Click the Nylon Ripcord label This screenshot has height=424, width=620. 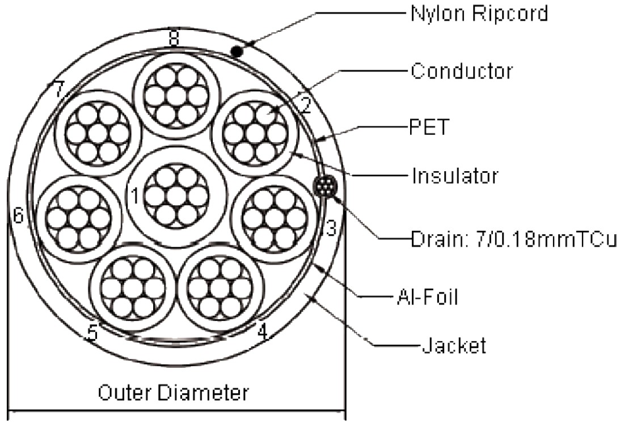click(x=479, y=14)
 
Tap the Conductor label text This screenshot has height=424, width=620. click(x=462, y=71)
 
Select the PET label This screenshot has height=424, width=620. click(x=429, y=127)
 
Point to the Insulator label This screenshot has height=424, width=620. click(x=455, y=176)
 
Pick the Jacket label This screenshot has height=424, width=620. click(x=453, y=345)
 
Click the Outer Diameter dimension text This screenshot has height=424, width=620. click(x=174, y=392)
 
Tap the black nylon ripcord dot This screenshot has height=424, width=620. click(x=238, y=52)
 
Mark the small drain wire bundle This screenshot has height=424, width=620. click(x=324, y=187)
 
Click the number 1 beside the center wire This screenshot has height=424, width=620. click(x=135, y=196)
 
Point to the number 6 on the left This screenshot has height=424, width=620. click(x=19, y=215)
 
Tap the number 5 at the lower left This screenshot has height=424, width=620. click(x=92, y=332)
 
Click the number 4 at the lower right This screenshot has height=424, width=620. click(x=262, y=331)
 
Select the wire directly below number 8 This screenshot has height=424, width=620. click(x=176, y=96)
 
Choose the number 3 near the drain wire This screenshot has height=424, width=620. click(x=330, y=227)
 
